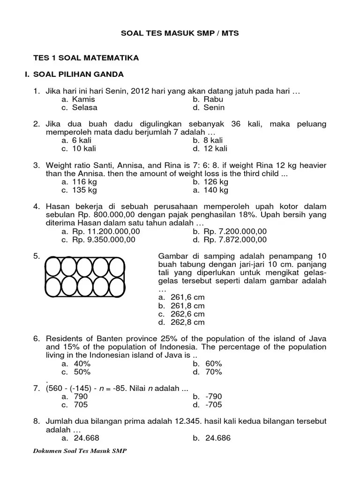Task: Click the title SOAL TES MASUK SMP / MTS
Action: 180,34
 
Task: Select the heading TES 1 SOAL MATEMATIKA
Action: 85,58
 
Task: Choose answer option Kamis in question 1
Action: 83,99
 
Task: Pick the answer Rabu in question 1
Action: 213,99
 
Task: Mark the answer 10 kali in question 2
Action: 84,149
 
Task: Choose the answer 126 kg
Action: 216,182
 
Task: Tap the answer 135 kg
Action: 84,190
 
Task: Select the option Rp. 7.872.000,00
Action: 235,240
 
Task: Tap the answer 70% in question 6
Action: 213,372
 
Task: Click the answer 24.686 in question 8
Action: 217,438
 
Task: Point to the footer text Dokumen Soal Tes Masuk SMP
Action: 80,450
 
